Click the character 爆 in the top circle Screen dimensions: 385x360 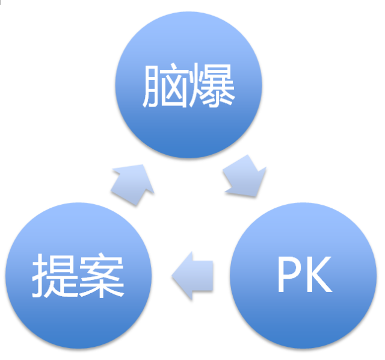click(x=212, y=88)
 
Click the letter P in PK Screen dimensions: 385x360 click(x=289, y=276)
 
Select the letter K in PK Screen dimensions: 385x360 click(x=320, y=276)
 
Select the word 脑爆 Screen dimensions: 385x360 click(x=189, y=88)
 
